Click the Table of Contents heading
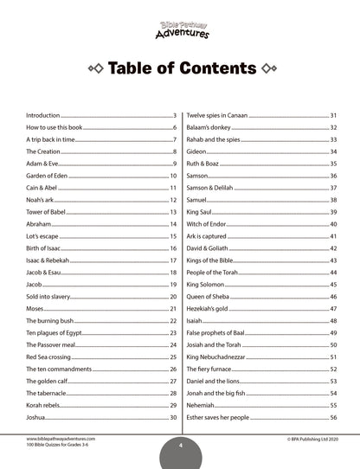click(180, 69)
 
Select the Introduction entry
click(43, 115)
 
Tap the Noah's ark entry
click(42, 200)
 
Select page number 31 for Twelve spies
click(333, 115)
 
